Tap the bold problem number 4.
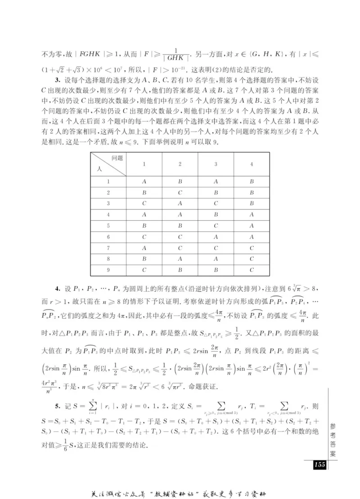57,287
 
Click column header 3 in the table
216,164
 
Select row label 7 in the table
108,248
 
